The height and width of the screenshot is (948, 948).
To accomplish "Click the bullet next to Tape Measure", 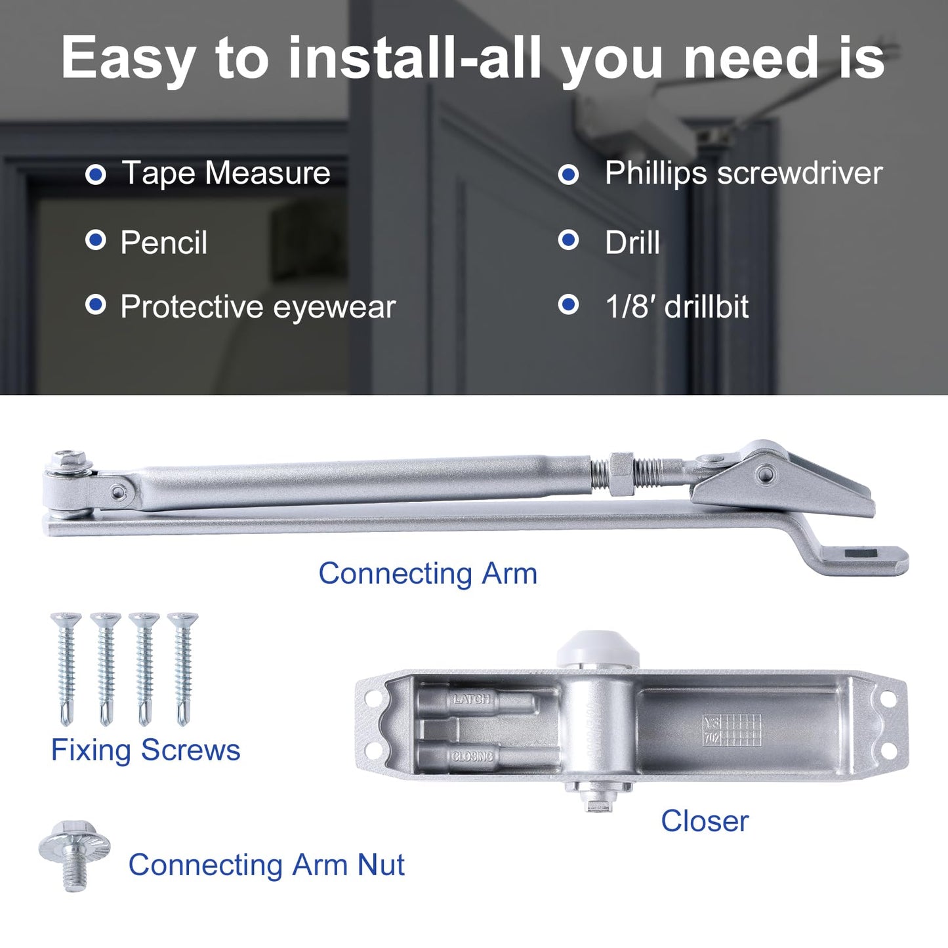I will (96, 175).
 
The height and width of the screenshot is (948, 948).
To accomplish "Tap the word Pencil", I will (164, 243).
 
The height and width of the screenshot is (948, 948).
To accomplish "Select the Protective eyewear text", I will (258, 307).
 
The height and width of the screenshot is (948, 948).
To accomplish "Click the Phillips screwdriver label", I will (743, 173).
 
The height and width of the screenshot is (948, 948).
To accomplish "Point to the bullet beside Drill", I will (568, 240).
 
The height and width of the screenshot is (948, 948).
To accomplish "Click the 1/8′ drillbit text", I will (676, 307).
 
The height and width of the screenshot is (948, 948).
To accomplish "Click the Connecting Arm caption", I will (428, 573).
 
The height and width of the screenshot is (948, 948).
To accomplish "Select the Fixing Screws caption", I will (146, 750).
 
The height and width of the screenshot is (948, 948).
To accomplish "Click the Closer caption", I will (705, 821).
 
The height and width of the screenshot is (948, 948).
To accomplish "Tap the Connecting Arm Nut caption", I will (266, 865).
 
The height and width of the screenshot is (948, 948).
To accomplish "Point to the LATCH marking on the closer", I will (472, 699).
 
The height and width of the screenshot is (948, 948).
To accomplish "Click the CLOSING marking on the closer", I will (472, 756).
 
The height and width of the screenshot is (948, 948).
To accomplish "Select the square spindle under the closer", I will (597, 803).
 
